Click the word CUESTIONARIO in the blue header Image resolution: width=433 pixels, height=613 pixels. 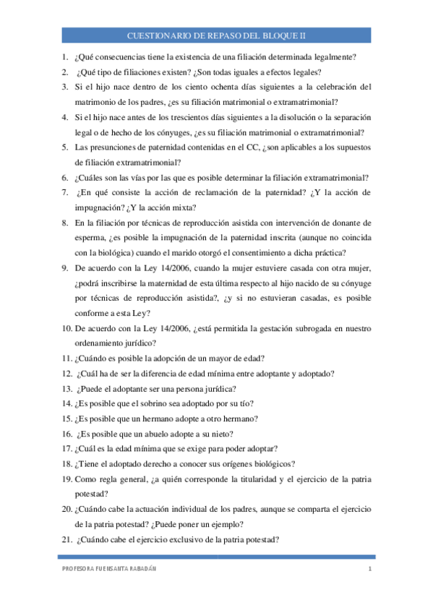click(x=156, y=35)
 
